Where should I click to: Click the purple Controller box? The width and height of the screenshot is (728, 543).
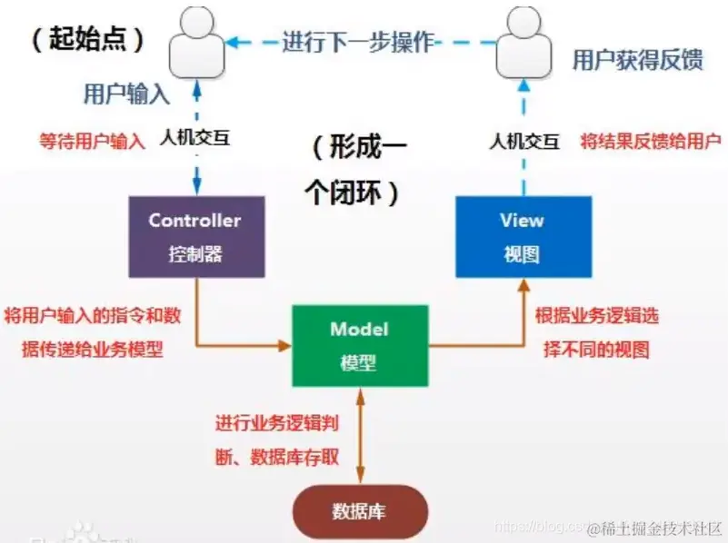click(x=196, y=237)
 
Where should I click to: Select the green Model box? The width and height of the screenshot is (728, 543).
click(x=359, y=345)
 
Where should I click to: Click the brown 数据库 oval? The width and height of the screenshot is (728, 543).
click(x=358, y=510)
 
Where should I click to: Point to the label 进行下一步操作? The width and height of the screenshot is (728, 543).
click(x=358, y=42)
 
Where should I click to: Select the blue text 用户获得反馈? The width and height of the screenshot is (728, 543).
click(x=637, y=61)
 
